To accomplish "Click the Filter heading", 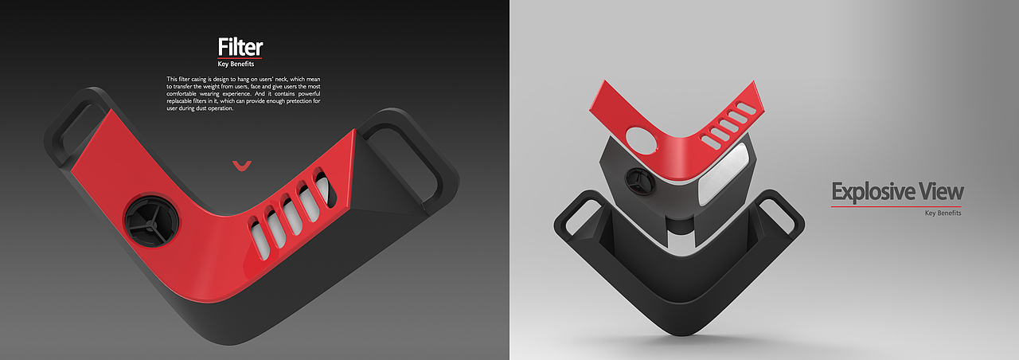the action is pyautogui.click(x=240, y=47).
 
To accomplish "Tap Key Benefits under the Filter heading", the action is pyautogui.click(x=236, y=65).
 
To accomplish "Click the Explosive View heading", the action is pyautogui.click(x=897, y=192).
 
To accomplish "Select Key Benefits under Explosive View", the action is pyautogui.click(x=943, y=213).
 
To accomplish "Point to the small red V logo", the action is pyautogui.click(x=241, y=166).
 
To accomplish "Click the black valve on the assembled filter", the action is pyautogui.click(x=150, y=222).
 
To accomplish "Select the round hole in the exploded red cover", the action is pyautogui.click(x=642, y=139).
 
